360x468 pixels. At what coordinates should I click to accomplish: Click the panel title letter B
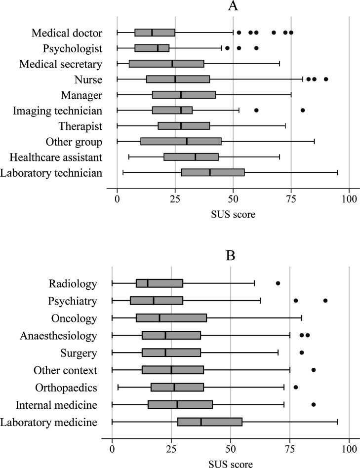tap(231, 257)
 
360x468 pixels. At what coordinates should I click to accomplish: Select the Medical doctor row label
tap(67, 33)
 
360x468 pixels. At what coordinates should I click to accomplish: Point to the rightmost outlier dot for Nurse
tap(325, 79)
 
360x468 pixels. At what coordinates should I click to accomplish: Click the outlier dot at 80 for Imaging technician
tap(303, 110)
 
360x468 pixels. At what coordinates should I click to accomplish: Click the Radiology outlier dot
tap(278, 283)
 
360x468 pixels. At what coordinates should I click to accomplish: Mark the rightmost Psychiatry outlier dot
tap(325, 301)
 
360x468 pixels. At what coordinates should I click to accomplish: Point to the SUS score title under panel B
tap(231, 464)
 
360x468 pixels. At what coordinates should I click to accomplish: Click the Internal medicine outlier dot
tap(314, 405)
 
